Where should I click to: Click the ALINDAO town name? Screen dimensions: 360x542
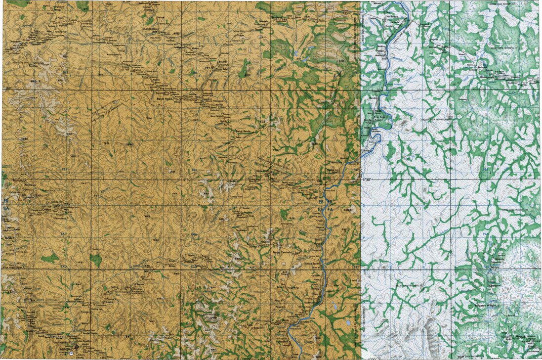(x=66, y=349)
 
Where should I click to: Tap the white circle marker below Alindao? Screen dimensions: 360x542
(x=72, y=354)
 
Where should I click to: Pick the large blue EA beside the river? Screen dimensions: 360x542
(x=321, y=210)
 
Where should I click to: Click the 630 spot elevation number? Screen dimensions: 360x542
(x=340, y=61)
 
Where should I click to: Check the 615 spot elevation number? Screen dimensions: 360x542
(x=147, y=217)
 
